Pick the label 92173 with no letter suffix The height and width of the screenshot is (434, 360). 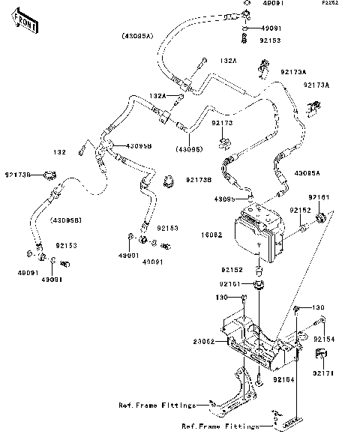222,122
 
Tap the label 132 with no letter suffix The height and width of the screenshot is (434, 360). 60,152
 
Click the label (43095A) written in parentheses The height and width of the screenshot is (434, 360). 139,36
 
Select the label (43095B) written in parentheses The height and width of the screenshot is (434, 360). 66,219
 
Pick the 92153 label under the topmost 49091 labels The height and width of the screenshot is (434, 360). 269,40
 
